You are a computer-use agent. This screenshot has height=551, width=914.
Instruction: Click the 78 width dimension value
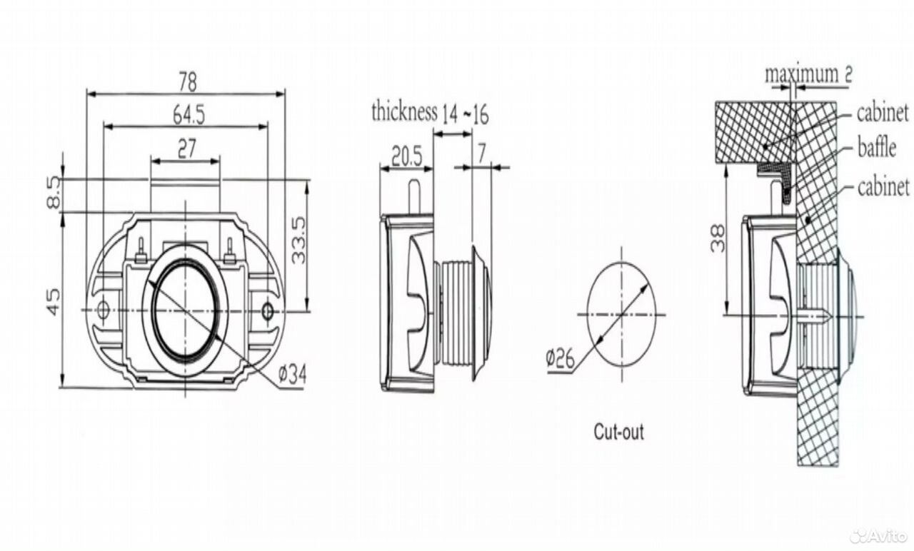(188, 82)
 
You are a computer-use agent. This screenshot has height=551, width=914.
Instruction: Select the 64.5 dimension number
(189, 115)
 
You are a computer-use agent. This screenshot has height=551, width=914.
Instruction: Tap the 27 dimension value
(187, 149)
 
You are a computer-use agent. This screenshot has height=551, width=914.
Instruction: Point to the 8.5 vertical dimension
(54, 193)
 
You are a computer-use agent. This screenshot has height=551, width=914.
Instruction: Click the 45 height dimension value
(54, 302)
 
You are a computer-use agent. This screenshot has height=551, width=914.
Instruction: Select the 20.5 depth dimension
(406, 156)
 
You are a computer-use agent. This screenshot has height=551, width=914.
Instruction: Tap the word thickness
(404, 111)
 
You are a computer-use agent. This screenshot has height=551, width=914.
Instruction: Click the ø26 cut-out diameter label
(561, 359)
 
